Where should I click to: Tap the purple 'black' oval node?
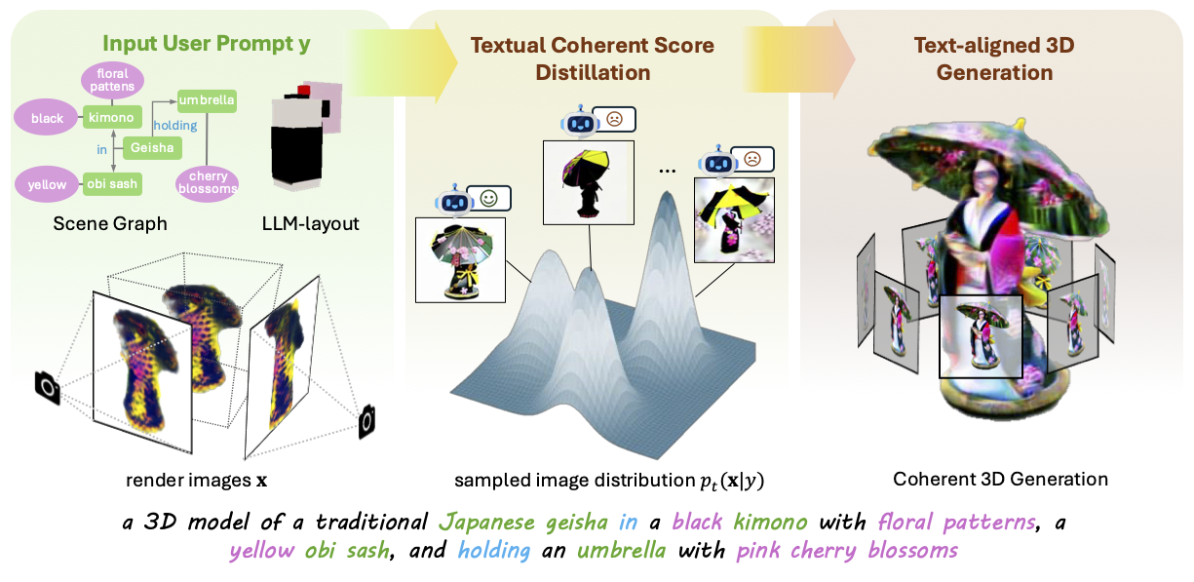[x=46, y=118]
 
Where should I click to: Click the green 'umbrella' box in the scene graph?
[x=207, y=98]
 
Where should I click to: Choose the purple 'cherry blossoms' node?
[x=207, y=182]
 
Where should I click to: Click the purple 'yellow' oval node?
[x=46, y=184]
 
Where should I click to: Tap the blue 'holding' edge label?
[x=175, y=125]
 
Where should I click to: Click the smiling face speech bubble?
[x=488, y=198]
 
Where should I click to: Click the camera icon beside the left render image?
[x=45, y=387]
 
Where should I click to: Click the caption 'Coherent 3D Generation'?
[x=1000, y=479]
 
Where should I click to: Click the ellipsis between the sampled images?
[x=667, y=169]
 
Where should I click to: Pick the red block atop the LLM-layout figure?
[x=304, y=91]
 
